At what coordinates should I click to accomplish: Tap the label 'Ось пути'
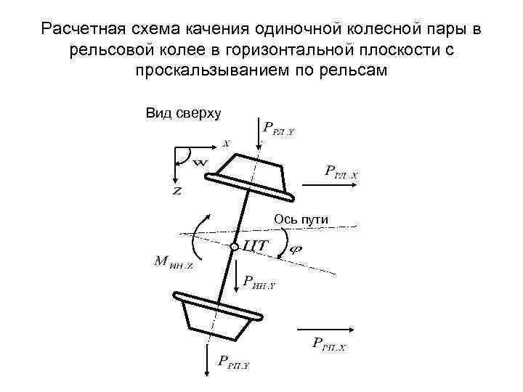coord(301,219)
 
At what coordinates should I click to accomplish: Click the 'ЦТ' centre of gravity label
coord(254,247)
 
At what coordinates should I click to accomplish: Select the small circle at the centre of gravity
coord(234,248)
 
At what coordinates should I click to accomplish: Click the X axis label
coord(226,144)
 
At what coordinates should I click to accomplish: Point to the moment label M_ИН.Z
coord(173,261)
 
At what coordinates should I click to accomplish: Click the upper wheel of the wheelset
coord(251,178)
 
